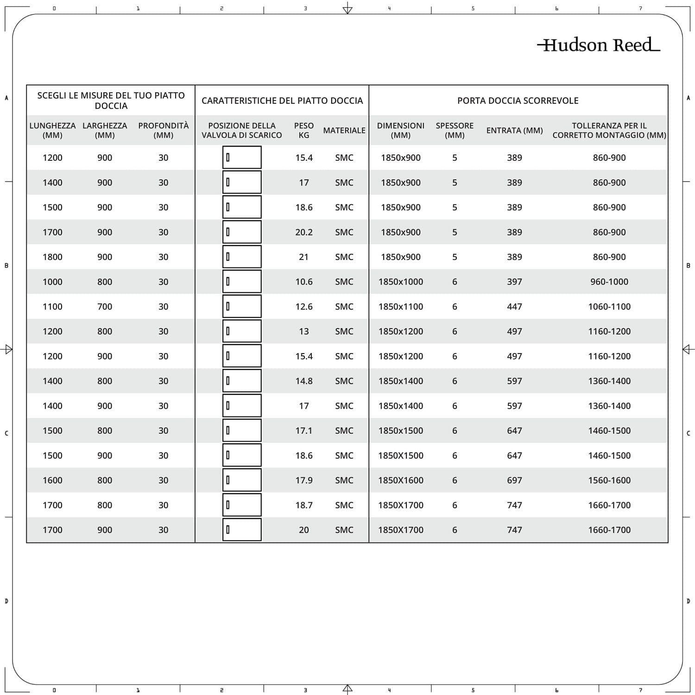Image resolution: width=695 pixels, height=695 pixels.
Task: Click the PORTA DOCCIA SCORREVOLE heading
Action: (518, 101)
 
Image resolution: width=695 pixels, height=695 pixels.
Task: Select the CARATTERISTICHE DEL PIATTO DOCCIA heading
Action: (282, 101)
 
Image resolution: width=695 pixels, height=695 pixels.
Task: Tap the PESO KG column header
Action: (304, 130)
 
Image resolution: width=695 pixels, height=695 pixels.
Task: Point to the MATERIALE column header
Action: (344, 130)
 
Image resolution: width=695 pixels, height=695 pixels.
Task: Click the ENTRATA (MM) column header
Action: (514, 130)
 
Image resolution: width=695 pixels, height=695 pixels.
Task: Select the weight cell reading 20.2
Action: (304, 232)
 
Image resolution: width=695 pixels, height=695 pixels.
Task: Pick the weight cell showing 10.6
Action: (304, 282)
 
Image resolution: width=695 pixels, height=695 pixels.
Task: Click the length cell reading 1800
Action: (52, 257)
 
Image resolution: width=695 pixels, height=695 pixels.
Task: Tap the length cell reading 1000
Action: (52, 282)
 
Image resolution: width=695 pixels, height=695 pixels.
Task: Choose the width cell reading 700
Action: (105, 306)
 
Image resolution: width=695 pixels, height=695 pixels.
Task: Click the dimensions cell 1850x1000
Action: (401, 282)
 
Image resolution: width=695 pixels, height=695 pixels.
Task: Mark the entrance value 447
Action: (514, 306)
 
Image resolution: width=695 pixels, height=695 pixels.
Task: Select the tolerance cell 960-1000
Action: (609, 282)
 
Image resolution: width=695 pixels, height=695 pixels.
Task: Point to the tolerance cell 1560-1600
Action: (609, 480)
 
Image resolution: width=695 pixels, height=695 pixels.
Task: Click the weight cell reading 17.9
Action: (304, 480)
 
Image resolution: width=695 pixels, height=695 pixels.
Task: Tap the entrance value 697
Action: (514, 480)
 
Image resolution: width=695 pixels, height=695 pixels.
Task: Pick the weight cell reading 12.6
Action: (304, 306)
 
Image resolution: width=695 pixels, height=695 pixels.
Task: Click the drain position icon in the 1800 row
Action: (242, 257)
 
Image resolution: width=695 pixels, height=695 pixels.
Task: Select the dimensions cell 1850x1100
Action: (401, 306)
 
